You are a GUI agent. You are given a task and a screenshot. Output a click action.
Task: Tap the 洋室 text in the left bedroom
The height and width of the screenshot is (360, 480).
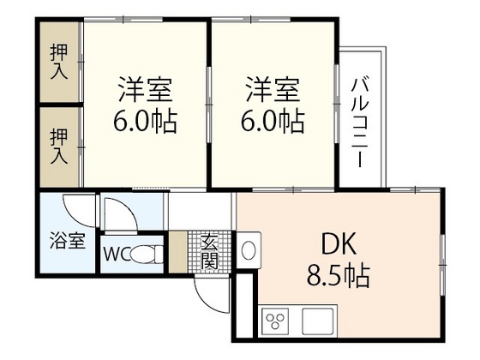point(147,89)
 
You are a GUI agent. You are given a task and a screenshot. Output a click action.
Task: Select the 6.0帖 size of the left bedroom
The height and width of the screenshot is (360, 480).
point(146,122)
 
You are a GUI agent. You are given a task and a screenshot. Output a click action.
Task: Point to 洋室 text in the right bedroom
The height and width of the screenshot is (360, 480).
point(274,89)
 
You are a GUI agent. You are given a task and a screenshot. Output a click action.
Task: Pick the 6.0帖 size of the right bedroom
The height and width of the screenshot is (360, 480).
point(274,122)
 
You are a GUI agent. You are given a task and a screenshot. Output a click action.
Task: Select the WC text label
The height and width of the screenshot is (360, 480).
point(117,255)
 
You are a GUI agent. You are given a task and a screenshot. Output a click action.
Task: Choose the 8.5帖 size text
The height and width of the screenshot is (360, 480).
point(338,276)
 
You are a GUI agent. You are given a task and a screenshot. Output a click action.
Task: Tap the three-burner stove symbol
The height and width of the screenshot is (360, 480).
point(277,322)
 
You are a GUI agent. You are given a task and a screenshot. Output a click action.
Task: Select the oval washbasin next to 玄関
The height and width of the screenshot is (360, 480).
point(248,251)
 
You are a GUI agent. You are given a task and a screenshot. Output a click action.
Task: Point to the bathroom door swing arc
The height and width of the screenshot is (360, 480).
point(81,210)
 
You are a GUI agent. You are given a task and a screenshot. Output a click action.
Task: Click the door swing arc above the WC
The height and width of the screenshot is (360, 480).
point(124,214)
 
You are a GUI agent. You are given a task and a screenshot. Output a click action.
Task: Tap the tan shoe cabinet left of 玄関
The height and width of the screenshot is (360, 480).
point(177,252)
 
